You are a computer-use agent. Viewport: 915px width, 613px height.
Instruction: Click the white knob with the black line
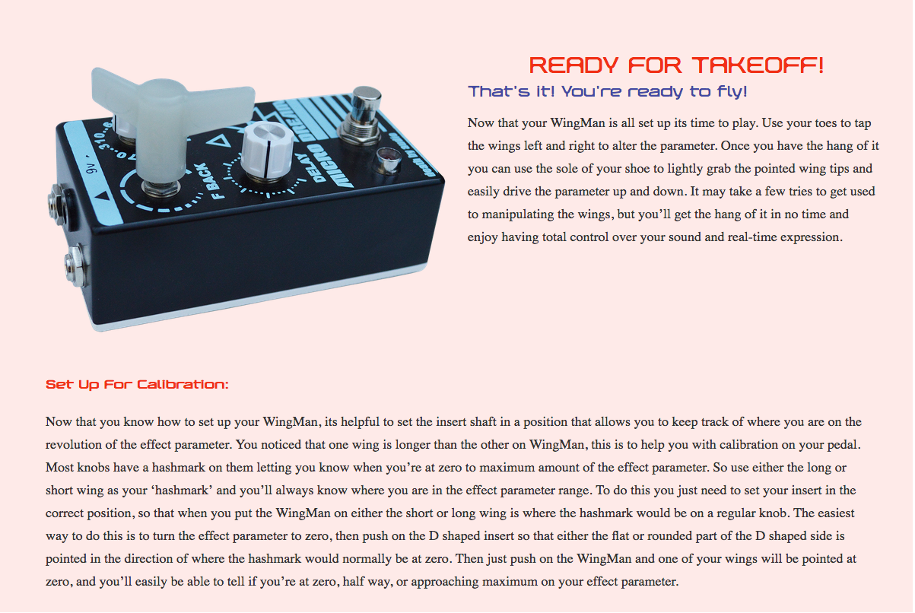(268, 152)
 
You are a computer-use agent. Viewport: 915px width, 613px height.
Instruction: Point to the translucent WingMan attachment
(167, 119)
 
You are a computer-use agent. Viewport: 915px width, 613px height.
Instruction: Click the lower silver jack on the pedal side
(76, 265)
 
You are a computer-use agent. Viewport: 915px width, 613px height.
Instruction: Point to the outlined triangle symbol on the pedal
(219, 141)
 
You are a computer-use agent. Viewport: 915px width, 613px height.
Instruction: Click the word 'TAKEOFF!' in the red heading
(758, 65)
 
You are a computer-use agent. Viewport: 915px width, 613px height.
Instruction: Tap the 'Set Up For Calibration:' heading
(137, 384)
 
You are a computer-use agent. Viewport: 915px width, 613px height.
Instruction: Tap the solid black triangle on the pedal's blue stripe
(102, 195)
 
